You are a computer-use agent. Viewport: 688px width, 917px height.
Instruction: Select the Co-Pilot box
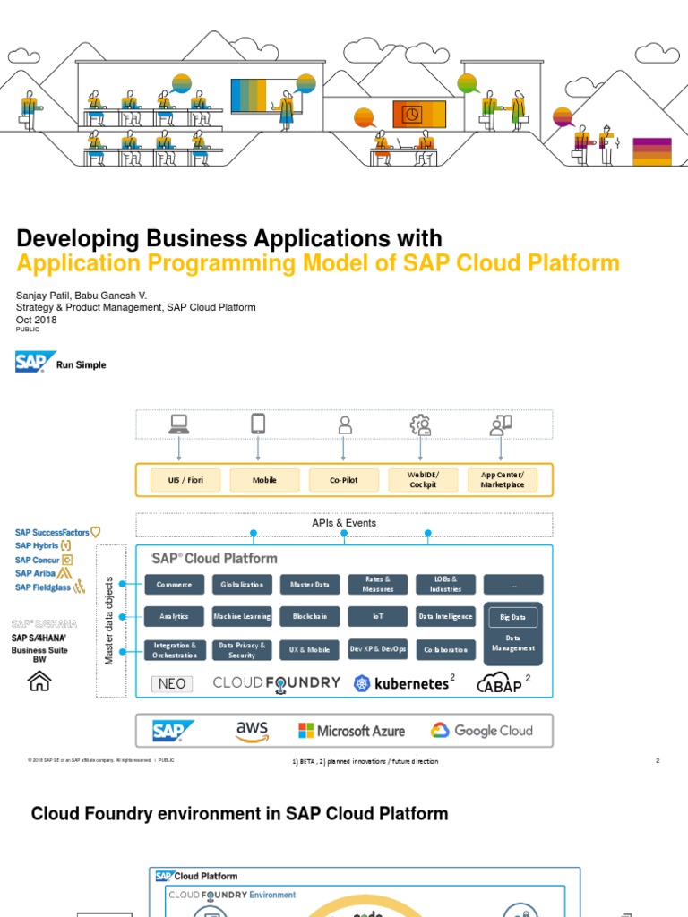coord(343,480)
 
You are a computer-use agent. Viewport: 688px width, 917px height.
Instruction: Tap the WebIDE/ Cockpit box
coord(422,480)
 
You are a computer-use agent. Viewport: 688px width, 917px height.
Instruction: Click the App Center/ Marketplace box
coord(502,480)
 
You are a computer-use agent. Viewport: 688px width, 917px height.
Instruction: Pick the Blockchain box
coord(310,617)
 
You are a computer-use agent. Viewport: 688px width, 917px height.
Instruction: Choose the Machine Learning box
coord(242,617)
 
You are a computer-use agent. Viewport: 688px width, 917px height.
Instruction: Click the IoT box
coord(377,617)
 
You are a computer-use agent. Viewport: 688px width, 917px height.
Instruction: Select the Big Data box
coord(512,618)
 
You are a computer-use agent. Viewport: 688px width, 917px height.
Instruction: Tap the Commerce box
coord(174,585)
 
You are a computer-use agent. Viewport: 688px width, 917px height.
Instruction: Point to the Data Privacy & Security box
coord(242,650)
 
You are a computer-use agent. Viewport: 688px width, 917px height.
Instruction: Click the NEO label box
coord(172,684)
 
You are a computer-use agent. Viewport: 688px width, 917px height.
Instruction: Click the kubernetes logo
coord(400,683)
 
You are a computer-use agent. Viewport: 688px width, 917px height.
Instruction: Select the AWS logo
coord(252,731)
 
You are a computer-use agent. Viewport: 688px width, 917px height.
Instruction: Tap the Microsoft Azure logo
coord(351,731)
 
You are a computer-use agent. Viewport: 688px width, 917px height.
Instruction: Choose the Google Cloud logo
coord(481,731)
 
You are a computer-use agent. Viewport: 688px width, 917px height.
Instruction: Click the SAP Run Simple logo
coord(60,363)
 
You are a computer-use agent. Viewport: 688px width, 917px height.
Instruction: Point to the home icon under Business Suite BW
coord(40,681)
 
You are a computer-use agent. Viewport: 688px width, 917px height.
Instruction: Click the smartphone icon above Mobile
coord(258,424)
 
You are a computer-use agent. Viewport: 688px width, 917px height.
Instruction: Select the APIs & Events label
coord(344,523)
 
